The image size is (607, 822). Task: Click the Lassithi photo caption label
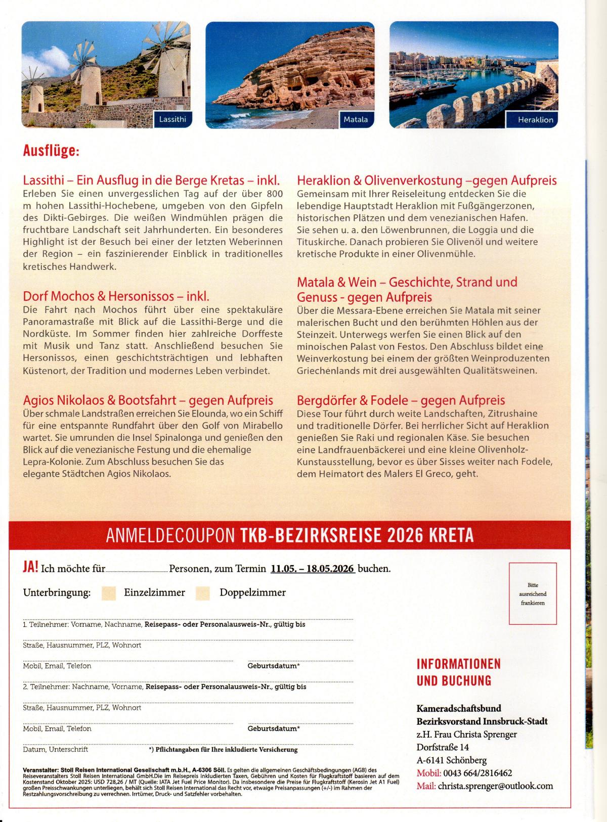(172, 120)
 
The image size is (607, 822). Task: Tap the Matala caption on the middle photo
(356, 120)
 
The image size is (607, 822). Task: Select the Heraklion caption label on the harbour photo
(536, 120)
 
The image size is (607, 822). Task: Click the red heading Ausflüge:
(51, 151)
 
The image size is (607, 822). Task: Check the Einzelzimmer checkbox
(109, 593)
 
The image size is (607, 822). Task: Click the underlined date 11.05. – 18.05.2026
(312, 568)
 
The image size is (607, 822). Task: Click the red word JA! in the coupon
(30, 567)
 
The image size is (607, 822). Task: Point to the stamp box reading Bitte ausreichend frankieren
(533, 594)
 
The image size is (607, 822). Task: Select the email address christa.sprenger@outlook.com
(495, 786)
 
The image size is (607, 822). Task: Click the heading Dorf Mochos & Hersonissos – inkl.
(116, 296)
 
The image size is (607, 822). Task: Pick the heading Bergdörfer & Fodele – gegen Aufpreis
(401, 400)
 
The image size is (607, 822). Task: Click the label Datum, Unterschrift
(55, 749)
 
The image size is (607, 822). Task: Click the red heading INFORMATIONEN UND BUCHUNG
(459, 672)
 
